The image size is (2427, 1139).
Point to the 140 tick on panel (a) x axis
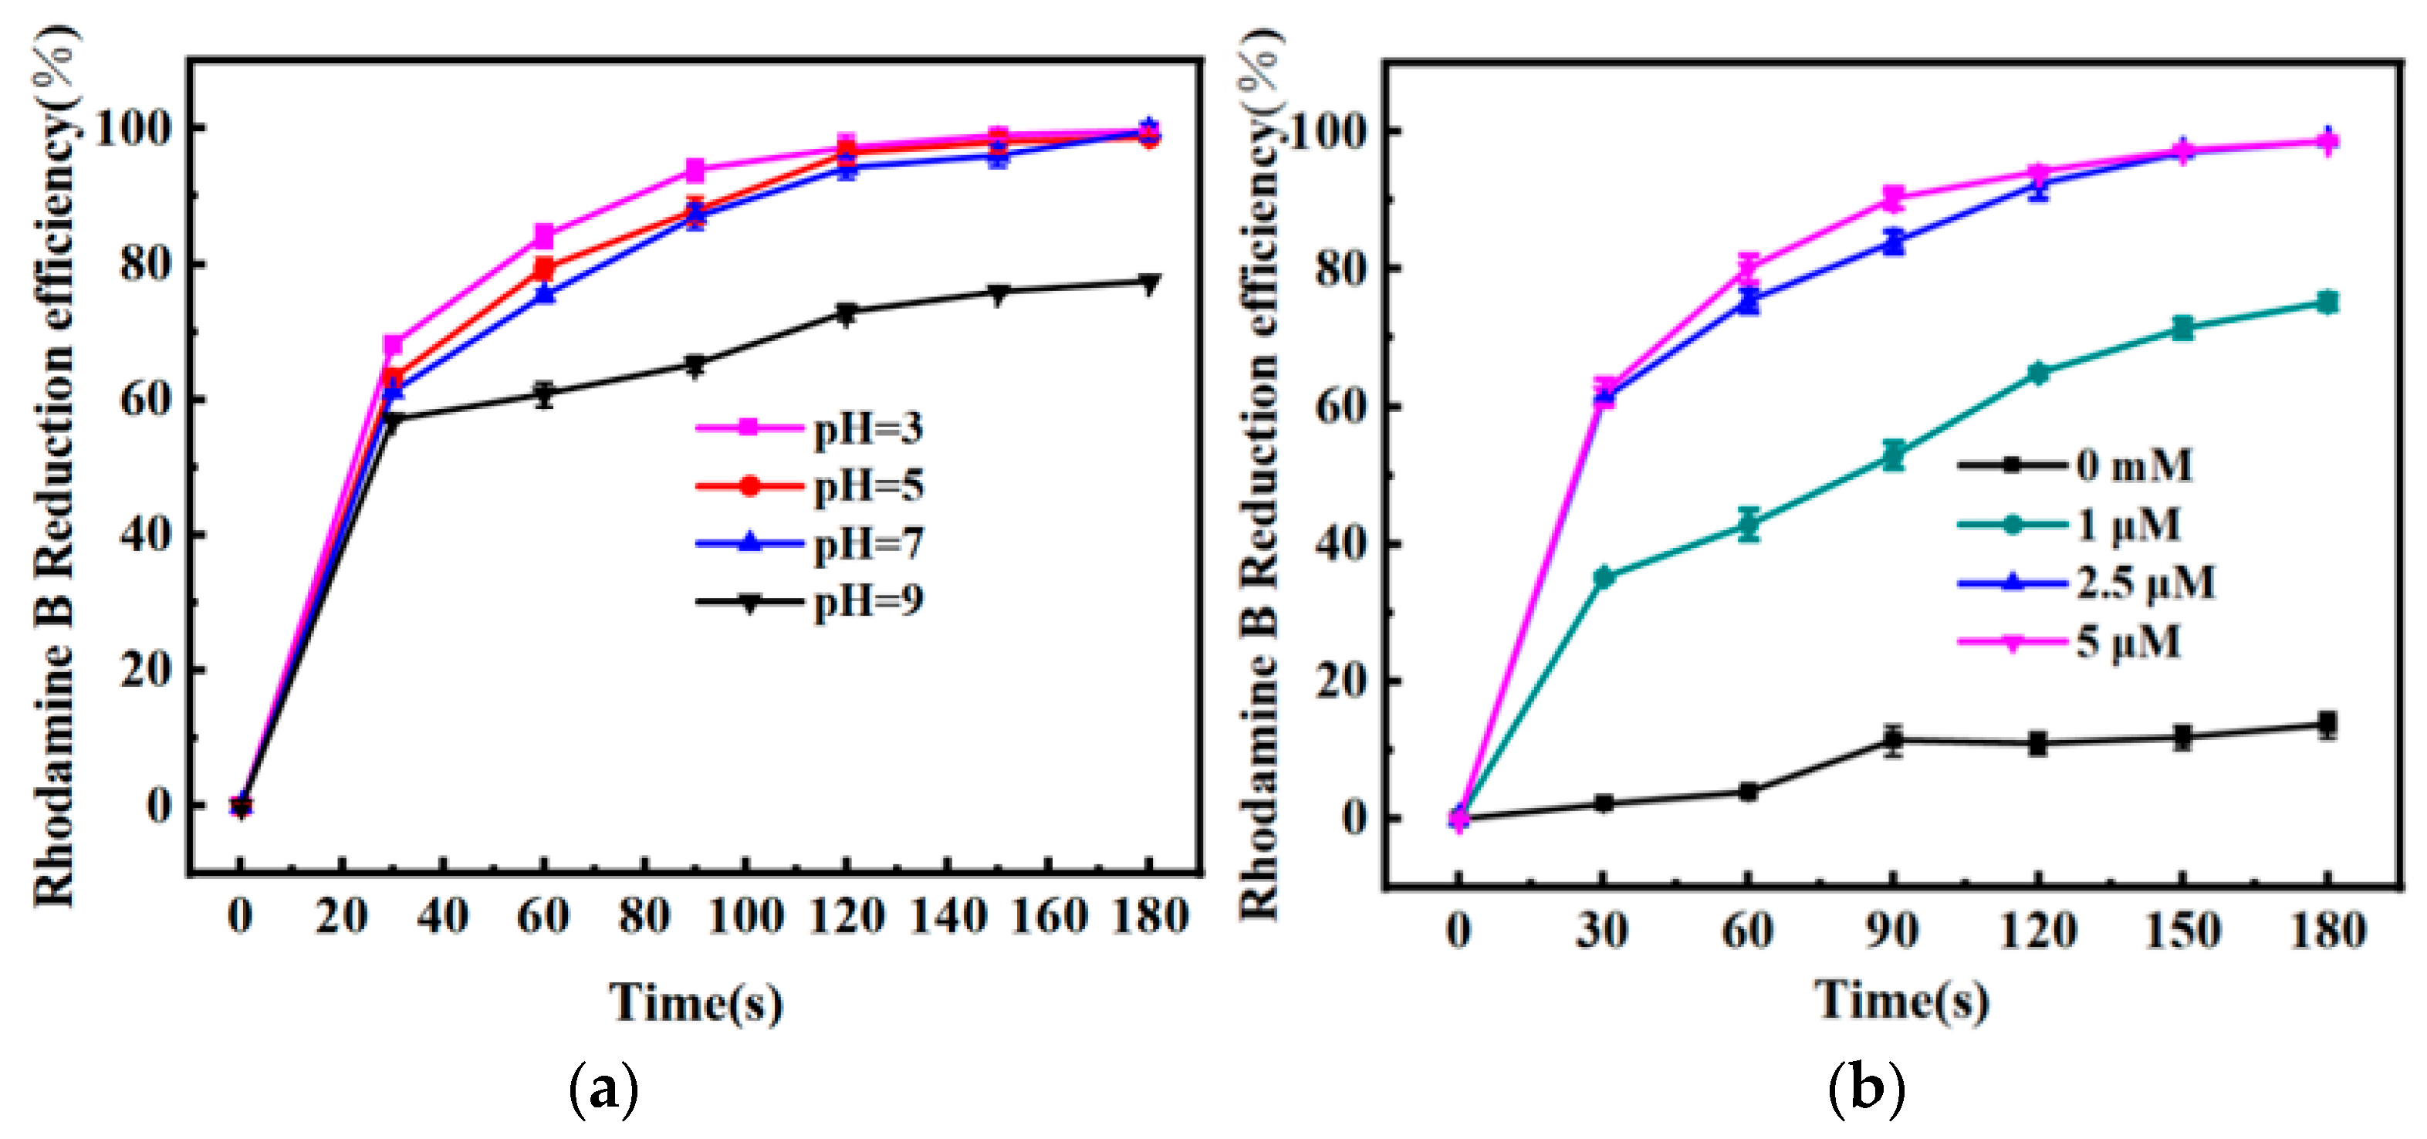[948, 916]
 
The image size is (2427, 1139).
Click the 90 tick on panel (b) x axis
[1892, 931]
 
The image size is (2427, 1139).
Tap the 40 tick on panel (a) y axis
[146, 534]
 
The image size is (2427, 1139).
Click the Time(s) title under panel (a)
[695, 1002]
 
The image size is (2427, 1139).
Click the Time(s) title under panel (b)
[1901, 999]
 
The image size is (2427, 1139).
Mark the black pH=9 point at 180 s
[1148, 282]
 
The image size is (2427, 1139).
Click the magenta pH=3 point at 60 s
[543, 235]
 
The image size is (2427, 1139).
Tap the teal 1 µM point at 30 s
[1604, 577]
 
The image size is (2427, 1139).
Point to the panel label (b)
[1865, 1090]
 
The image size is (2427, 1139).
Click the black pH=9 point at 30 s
[393, 419]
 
